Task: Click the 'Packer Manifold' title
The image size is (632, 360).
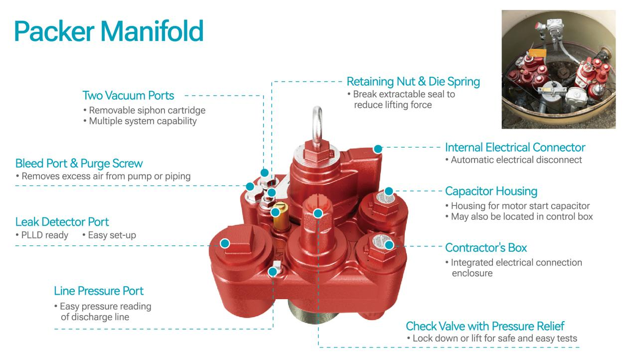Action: pyautogui.click(x=109, y=31)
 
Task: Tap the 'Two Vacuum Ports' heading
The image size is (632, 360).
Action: pyautogui.click(x=128, y=96)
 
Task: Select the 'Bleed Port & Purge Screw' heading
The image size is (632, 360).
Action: pyautogui.click(x=79, y=164)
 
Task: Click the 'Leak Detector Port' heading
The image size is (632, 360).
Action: pyautogui.click(x=62, y=222)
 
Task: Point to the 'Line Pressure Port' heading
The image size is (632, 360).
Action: pyautogui.click(x=99, y=291)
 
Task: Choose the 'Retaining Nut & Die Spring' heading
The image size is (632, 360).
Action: pyautogui.click(x=413, y=82)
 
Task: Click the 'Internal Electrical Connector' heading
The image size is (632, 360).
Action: pyautogui.click(x=515, y=148)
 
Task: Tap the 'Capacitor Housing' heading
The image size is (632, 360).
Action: pyautogui.click(x=491, y=191)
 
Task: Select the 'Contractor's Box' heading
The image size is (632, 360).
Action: pyautogui.click(x=486, y=248)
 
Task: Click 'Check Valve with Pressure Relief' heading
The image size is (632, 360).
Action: pyautogui.click(x=485, y=326)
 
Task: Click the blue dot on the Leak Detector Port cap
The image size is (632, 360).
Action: pyautogui.click(x=225, y=243)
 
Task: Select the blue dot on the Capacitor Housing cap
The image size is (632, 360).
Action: pyautogui.click(x=389, y=191)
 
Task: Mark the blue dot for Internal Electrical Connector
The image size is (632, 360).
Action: pyautogui.click(x=378, y=149)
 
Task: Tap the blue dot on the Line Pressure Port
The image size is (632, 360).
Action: pyautogui.click(x=273, y=272)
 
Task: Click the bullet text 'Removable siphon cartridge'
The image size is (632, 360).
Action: pyautogui.click(x=145, y=110)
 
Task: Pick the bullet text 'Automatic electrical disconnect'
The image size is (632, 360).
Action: pyautogui.click(x=513, y=160)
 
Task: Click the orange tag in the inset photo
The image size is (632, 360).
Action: pyautogui.click(x=537, y=53)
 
